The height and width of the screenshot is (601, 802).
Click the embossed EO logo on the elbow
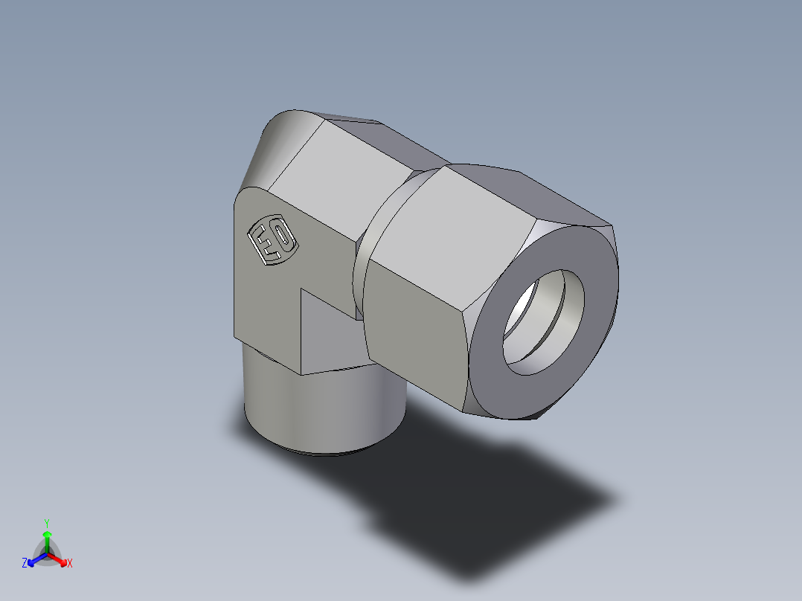click(x=272, y=240)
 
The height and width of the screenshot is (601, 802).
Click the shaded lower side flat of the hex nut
click(x=413, y=327)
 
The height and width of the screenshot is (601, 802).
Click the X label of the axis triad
click(x=70, y=563)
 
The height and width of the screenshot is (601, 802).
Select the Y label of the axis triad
click(x=46, y=522)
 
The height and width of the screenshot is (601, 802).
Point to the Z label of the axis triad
click(x=25, y=563)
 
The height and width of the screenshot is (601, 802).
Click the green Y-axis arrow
click(x=46, y=539)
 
